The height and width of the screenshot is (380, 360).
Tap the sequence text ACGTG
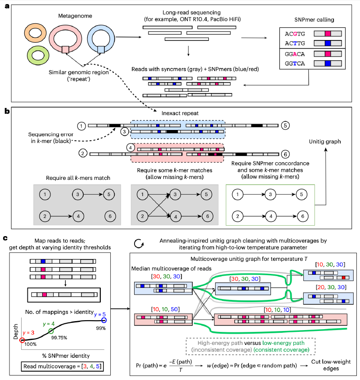click(x=294, y=33)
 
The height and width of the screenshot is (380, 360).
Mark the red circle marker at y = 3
click(x=22, y=340)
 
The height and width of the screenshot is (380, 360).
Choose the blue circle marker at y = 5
click(x=104, y=320)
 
